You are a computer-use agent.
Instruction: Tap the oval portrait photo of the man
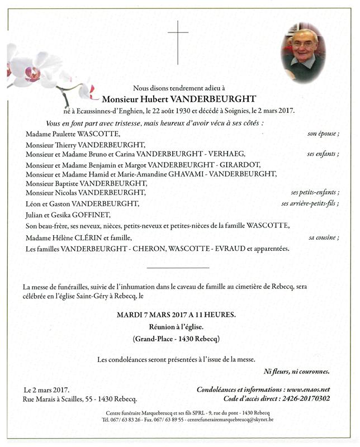[304, 53]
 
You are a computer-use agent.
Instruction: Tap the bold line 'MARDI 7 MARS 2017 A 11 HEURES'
[176, 315]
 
